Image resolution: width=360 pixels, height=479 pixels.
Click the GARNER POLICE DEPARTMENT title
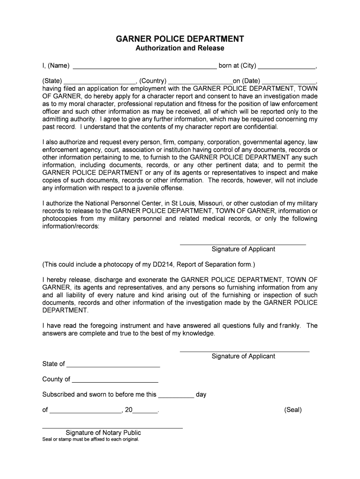coord(180,38)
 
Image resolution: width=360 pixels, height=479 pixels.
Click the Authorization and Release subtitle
coord(180,48)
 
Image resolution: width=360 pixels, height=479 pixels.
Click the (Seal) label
coord(293,410)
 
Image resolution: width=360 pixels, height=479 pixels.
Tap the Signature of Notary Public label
coord(103,433)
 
